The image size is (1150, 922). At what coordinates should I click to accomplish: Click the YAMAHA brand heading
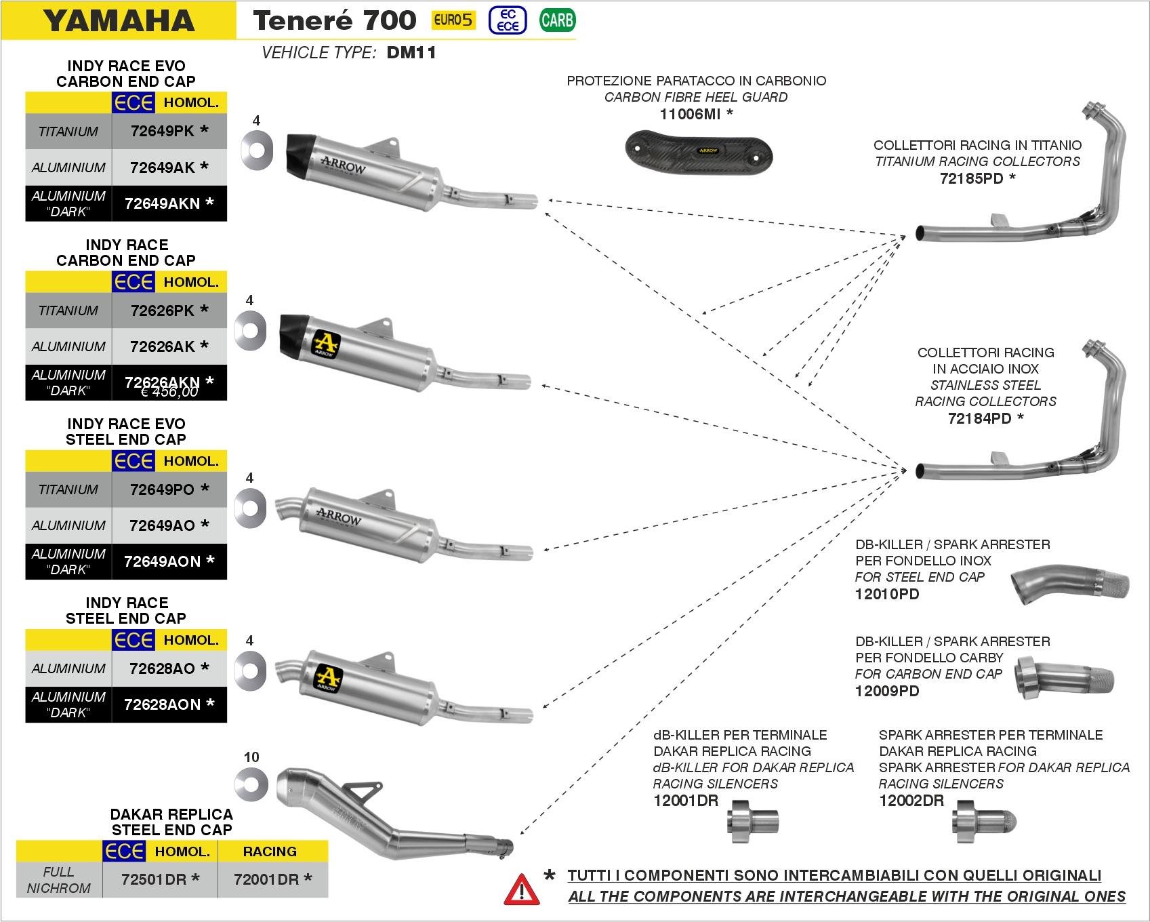119,20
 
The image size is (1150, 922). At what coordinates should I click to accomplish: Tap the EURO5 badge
453,20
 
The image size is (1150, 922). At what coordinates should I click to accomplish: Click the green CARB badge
557,20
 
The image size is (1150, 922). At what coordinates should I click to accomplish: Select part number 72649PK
163,131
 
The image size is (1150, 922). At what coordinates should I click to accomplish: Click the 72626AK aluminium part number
163,346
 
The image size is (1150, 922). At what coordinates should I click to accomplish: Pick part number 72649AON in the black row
163,561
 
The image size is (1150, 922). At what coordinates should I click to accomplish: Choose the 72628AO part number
163,668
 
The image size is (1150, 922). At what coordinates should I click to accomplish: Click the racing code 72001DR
266,879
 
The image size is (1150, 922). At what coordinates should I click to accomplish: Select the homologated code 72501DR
154,879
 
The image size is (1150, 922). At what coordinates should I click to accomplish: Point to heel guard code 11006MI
691,114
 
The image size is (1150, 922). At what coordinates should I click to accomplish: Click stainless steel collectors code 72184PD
979,418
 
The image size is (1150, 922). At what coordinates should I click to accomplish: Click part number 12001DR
685,800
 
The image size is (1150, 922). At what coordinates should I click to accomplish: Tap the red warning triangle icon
522,889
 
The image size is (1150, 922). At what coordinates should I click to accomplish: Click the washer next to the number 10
251,784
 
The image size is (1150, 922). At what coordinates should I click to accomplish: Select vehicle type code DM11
411,53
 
